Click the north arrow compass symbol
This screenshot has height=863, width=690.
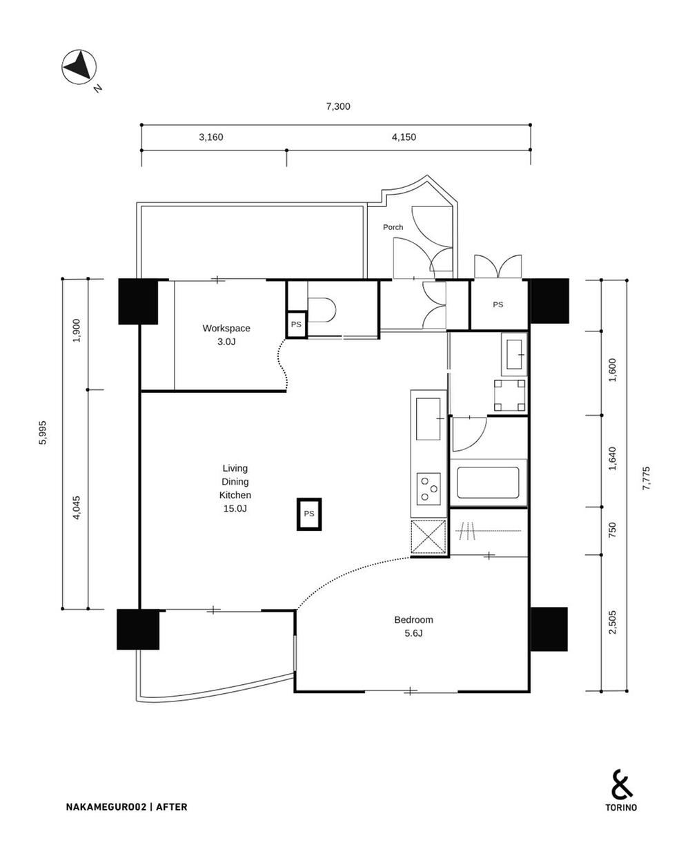point(79,67)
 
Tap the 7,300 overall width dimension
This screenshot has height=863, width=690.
point(338,106)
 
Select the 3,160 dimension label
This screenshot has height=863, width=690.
point(211,137)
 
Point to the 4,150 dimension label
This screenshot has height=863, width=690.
point(404,137)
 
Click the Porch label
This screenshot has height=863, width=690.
point(393,227)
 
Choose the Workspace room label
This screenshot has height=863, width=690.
point(226,328)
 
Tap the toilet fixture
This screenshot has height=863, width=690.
point(322,309)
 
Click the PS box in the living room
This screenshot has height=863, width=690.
point(309,514)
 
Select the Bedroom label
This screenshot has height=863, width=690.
point(414,619)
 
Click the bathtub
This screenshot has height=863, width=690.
point(488,483)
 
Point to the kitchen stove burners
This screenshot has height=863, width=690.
point(428,489)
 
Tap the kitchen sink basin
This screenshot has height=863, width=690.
point(428,418)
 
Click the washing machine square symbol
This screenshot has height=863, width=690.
point(510,396)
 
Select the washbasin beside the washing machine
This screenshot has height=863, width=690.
point(514,354)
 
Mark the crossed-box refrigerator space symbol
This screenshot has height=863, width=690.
point(428,536)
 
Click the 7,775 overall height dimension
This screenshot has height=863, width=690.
point(646,478)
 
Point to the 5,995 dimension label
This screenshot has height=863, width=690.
point(43,432)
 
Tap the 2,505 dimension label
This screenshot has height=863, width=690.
point(612,622)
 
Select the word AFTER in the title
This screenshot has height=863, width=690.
point(172,807)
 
